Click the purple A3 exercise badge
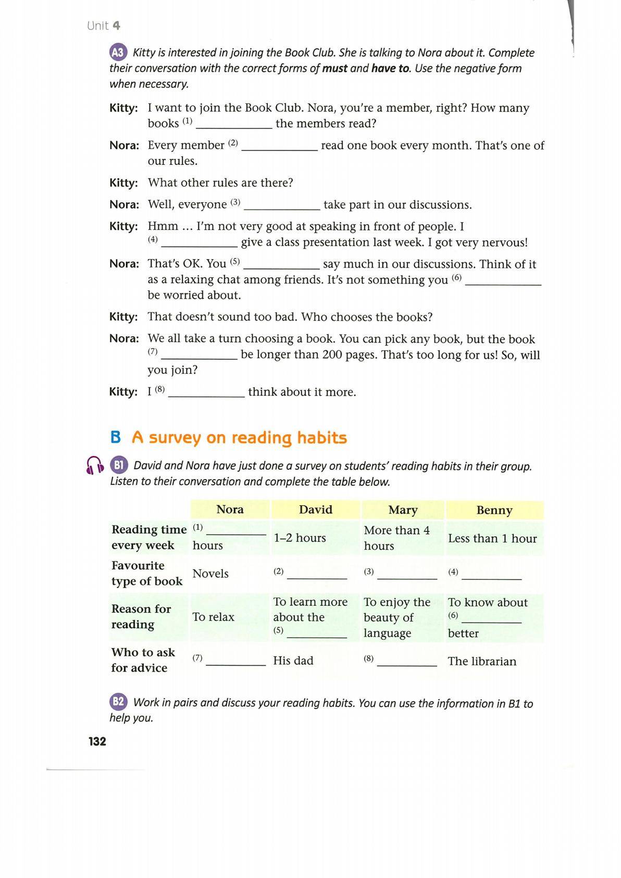[x=118, y=52]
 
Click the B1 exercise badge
[x=119, y=465]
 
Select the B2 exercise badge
[x=118, y=702]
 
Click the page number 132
[x=97, y=741]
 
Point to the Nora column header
[x=230, y=509]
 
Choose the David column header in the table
[x=315, y=509]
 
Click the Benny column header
[x=494, y=510]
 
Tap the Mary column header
[x=403, y=510]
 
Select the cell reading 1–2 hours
[x=300, y=538]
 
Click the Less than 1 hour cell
[x=492, y=538]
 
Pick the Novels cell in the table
[x=210, y=574]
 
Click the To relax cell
[x=213, y=617]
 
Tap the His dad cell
[x=293, y=661]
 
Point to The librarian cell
[x=482, y=661]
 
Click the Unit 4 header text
[x=104, y=26]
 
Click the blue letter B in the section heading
[x=116, y=437]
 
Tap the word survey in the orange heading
[x=175, y=438]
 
